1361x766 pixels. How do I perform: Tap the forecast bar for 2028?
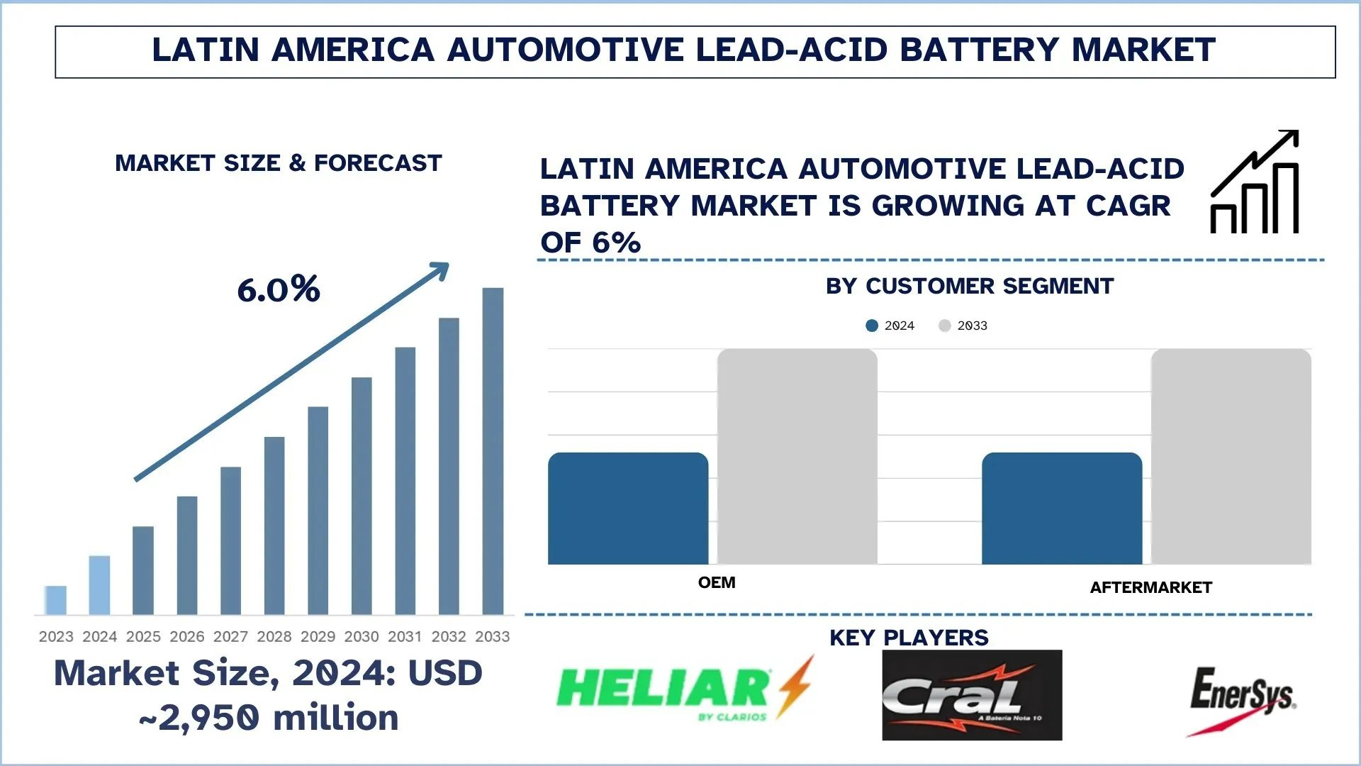tap(274, 526)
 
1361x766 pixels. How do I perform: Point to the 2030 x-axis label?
tap(362, 637)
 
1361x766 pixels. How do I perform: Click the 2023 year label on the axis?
tap(56, 637)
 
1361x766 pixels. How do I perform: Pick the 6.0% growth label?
tap(279, 289)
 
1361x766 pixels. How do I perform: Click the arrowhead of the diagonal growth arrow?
tap(442, 270)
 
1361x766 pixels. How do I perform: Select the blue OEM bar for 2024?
tap(628, 509)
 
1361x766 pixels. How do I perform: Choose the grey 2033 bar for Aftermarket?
tap(1231, 457)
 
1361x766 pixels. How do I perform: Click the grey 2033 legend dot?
tap(944, 326)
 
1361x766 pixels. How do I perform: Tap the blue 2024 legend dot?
tap(872, 326)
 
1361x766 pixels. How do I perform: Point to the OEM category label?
tap(717, 583)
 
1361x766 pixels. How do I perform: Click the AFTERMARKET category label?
tap(1150, 588)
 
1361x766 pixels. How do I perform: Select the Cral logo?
tap(972, 695)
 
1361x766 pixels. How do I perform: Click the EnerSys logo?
tap(1243, 699)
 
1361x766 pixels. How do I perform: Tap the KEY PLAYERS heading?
tap(909, 638)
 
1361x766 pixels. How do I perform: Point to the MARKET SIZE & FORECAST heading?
tap(279, 163)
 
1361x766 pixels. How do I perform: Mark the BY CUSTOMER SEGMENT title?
tap(970, 287)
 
